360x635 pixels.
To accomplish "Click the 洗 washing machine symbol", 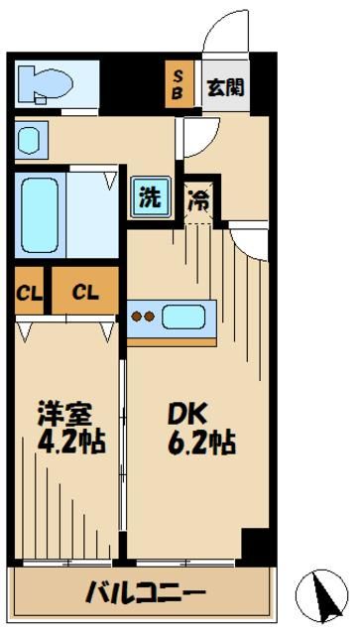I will [148, 196].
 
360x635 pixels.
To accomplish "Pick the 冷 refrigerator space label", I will [198, 198].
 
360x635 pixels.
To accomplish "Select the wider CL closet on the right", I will [83, 293].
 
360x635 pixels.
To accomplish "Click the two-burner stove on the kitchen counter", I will [145, 317].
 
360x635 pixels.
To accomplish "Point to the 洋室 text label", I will [63, 410].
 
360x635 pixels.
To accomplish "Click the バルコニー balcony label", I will [145, 593].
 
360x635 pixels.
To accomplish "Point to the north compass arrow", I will [323, 595].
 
